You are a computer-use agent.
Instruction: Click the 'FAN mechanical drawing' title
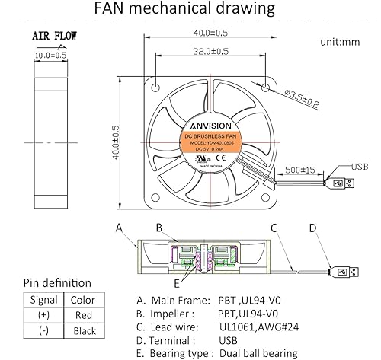coord(194,10)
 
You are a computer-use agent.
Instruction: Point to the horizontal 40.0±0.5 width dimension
coord(200,33)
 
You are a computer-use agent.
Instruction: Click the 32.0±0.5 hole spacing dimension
coord(200,52)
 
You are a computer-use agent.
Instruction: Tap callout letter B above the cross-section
coord(158,227)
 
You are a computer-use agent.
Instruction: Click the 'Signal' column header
coord(43,299)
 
